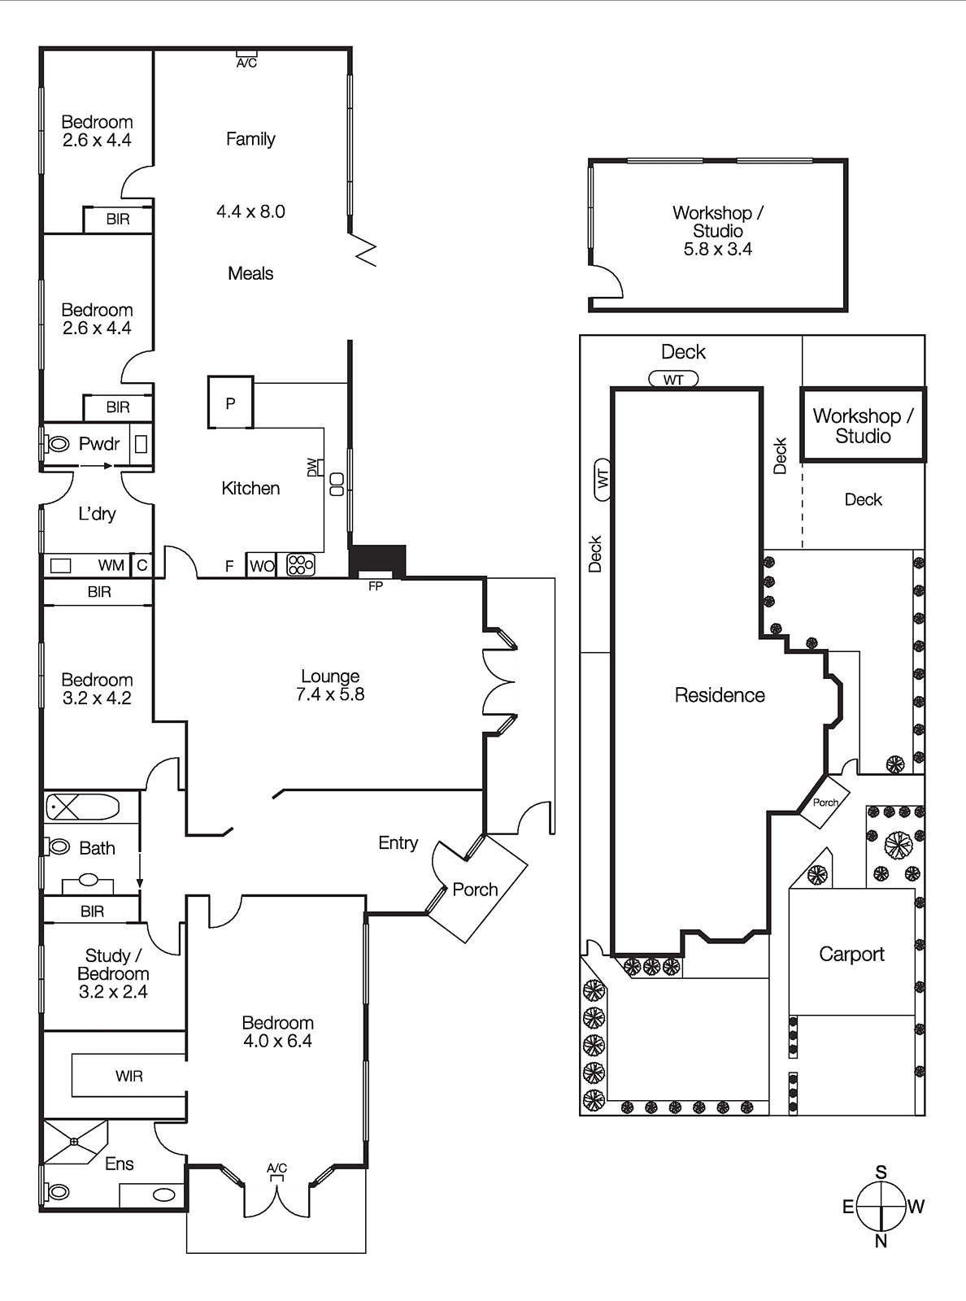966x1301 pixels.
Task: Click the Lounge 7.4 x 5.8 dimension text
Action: coord(330,694)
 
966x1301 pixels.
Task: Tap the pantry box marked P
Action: coord(230,402)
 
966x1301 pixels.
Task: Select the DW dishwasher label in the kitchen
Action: coord(312,467)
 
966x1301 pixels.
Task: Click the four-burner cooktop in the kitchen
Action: coord(301,565)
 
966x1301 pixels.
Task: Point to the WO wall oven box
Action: coord(261,565)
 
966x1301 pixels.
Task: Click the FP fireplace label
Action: coord(376,586)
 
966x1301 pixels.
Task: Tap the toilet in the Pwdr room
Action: coord(57,444)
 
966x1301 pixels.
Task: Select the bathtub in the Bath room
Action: coord(83,807)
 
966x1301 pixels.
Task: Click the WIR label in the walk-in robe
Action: coord(129,1076)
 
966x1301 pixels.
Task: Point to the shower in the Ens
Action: coord(75,1142)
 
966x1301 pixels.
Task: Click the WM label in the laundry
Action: coord(111,565)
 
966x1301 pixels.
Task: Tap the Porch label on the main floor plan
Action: coord(475,890)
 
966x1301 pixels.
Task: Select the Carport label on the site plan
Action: coord(851,955)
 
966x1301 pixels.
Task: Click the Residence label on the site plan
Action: coord(720,695)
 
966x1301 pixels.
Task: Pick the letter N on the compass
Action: coord(881,1241)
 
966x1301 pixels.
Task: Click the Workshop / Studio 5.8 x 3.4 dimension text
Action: coord(718,250)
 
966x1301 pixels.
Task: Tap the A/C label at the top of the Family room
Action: coord(247,63)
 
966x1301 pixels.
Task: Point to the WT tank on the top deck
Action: coord(673,380)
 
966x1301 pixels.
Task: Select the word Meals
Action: coord(250,273)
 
